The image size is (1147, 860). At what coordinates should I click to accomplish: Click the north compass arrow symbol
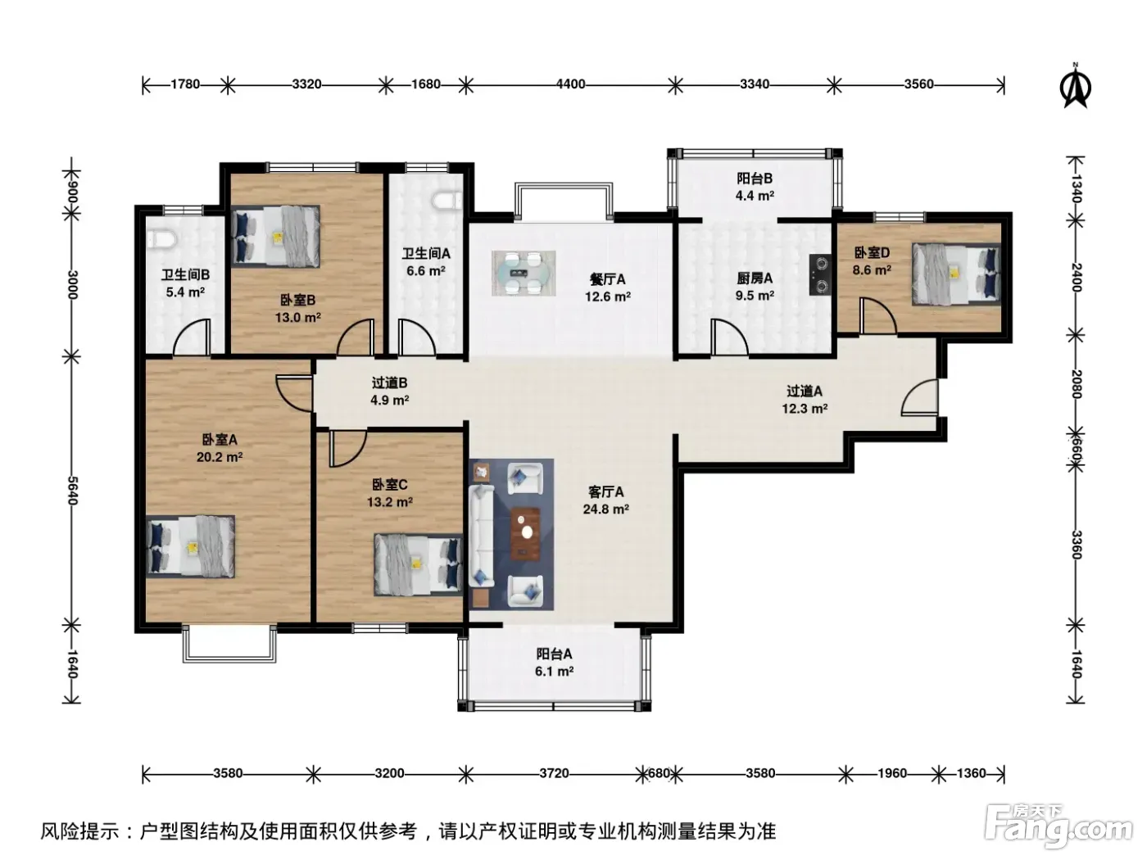coord(1075,86)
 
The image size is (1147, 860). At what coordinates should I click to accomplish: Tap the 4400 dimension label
coord(570,84)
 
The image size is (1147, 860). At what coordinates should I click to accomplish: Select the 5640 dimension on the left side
coord(72,491)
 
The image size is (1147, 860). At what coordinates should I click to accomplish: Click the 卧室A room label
coord(220,440)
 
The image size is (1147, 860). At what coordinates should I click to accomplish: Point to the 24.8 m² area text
coord(605,509)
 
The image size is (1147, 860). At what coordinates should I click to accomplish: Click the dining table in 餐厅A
coord(524,273)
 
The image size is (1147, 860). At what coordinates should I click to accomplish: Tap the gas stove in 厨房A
coord(820,274)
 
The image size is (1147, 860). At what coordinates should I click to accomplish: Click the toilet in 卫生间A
coord(447,201)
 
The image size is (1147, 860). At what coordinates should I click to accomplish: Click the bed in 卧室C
coord(418,564)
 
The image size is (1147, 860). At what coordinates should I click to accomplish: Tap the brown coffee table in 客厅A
coord(525,534)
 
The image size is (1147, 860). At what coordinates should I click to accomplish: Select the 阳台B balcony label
coord(755,179)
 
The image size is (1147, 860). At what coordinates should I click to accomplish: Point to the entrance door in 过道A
coord(920,397)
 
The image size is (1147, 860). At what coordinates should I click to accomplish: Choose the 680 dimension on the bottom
coord(659,773)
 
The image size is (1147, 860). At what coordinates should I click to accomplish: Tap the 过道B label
coord(389,382)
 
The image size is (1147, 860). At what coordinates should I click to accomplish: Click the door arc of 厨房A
coord(730,338)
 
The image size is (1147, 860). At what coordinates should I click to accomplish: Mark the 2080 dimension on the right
coord(1076,384)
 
